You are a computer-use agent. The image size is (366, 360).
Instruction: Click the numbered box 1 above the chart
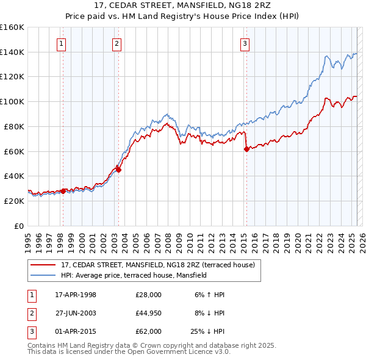click(62, 43)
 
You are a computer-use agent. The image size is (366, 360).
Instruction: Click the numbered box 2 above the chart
click(116, 43)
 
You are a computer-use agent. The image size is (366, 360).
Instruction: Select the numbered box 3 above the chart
click(244, 43)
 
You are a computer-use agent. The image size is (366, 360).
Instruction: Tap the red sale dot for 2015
click(246, 148)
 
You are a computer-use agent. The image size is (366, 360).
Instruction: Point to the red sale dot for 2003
click(118, 170)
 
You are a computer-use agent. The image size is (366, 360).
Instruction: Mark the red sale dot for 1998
click(63, 191)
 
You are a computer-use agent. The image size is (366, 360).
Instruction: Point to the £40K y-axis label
click(14, 176)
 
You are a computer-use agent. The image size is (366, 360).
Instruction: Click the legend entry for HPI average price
click(134, 275)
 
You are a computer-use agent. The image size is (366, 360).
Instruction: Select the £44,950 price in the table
click(149, 313)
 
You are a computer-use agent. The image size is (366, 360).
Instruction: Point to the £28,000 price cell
click(149, 295)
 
